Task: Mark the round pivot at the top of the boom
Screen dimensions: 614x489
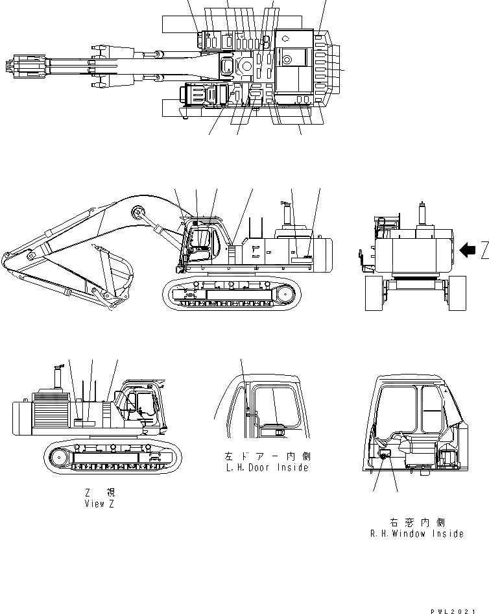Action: pos(137,212)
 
